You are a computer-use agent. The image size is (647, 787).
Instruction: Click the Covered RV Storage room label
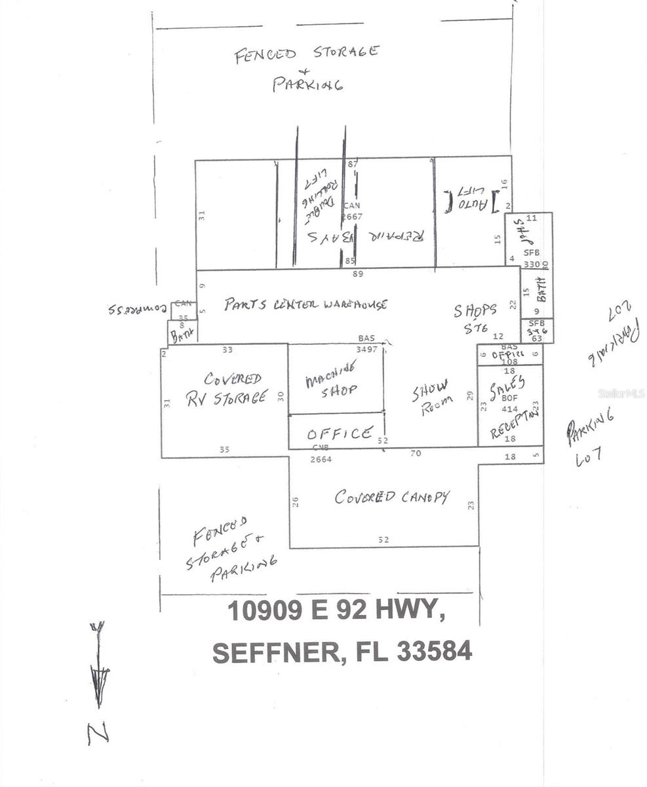point(226,389)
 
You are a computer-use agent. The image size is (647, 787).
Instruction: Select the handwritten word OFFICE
point(340,434)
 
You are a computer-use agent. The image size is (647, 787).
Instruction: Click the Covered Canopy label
point(392,496)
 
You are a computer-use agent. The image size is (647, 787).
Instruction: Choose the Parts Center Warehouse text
point(305,304)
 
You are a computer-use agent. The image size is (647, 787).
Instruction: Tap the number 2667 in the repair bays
point(352,216)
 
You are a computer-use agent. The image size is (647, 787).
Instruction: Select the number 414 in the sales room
point(510,409)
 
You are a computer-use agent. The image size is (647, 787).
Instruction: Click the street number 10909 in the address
point(265,611)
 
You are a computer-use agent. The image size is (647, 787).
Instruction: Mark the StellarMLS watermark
point(621,393)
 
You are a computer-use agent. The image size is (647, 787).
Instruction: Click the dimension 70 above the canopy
point(416,453)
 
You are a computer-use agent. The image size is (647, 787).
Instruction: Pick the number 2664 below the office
point(321,459)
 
